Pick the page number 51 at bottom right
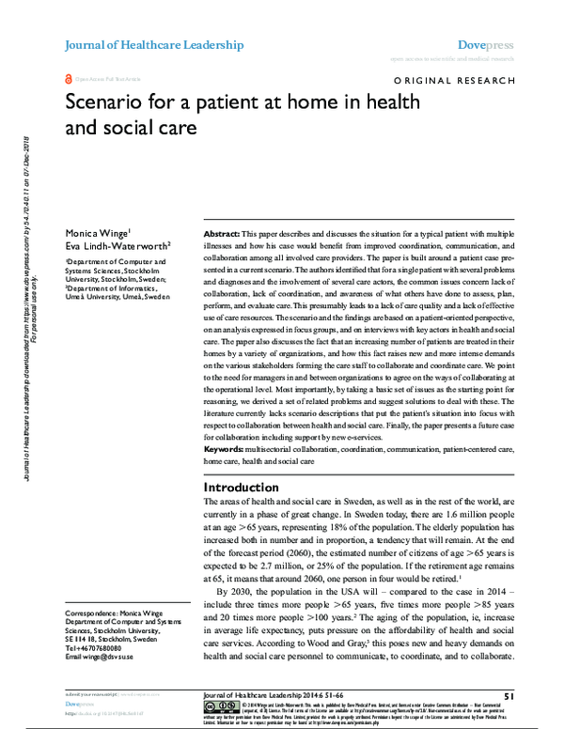click(x=509, y=694)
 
